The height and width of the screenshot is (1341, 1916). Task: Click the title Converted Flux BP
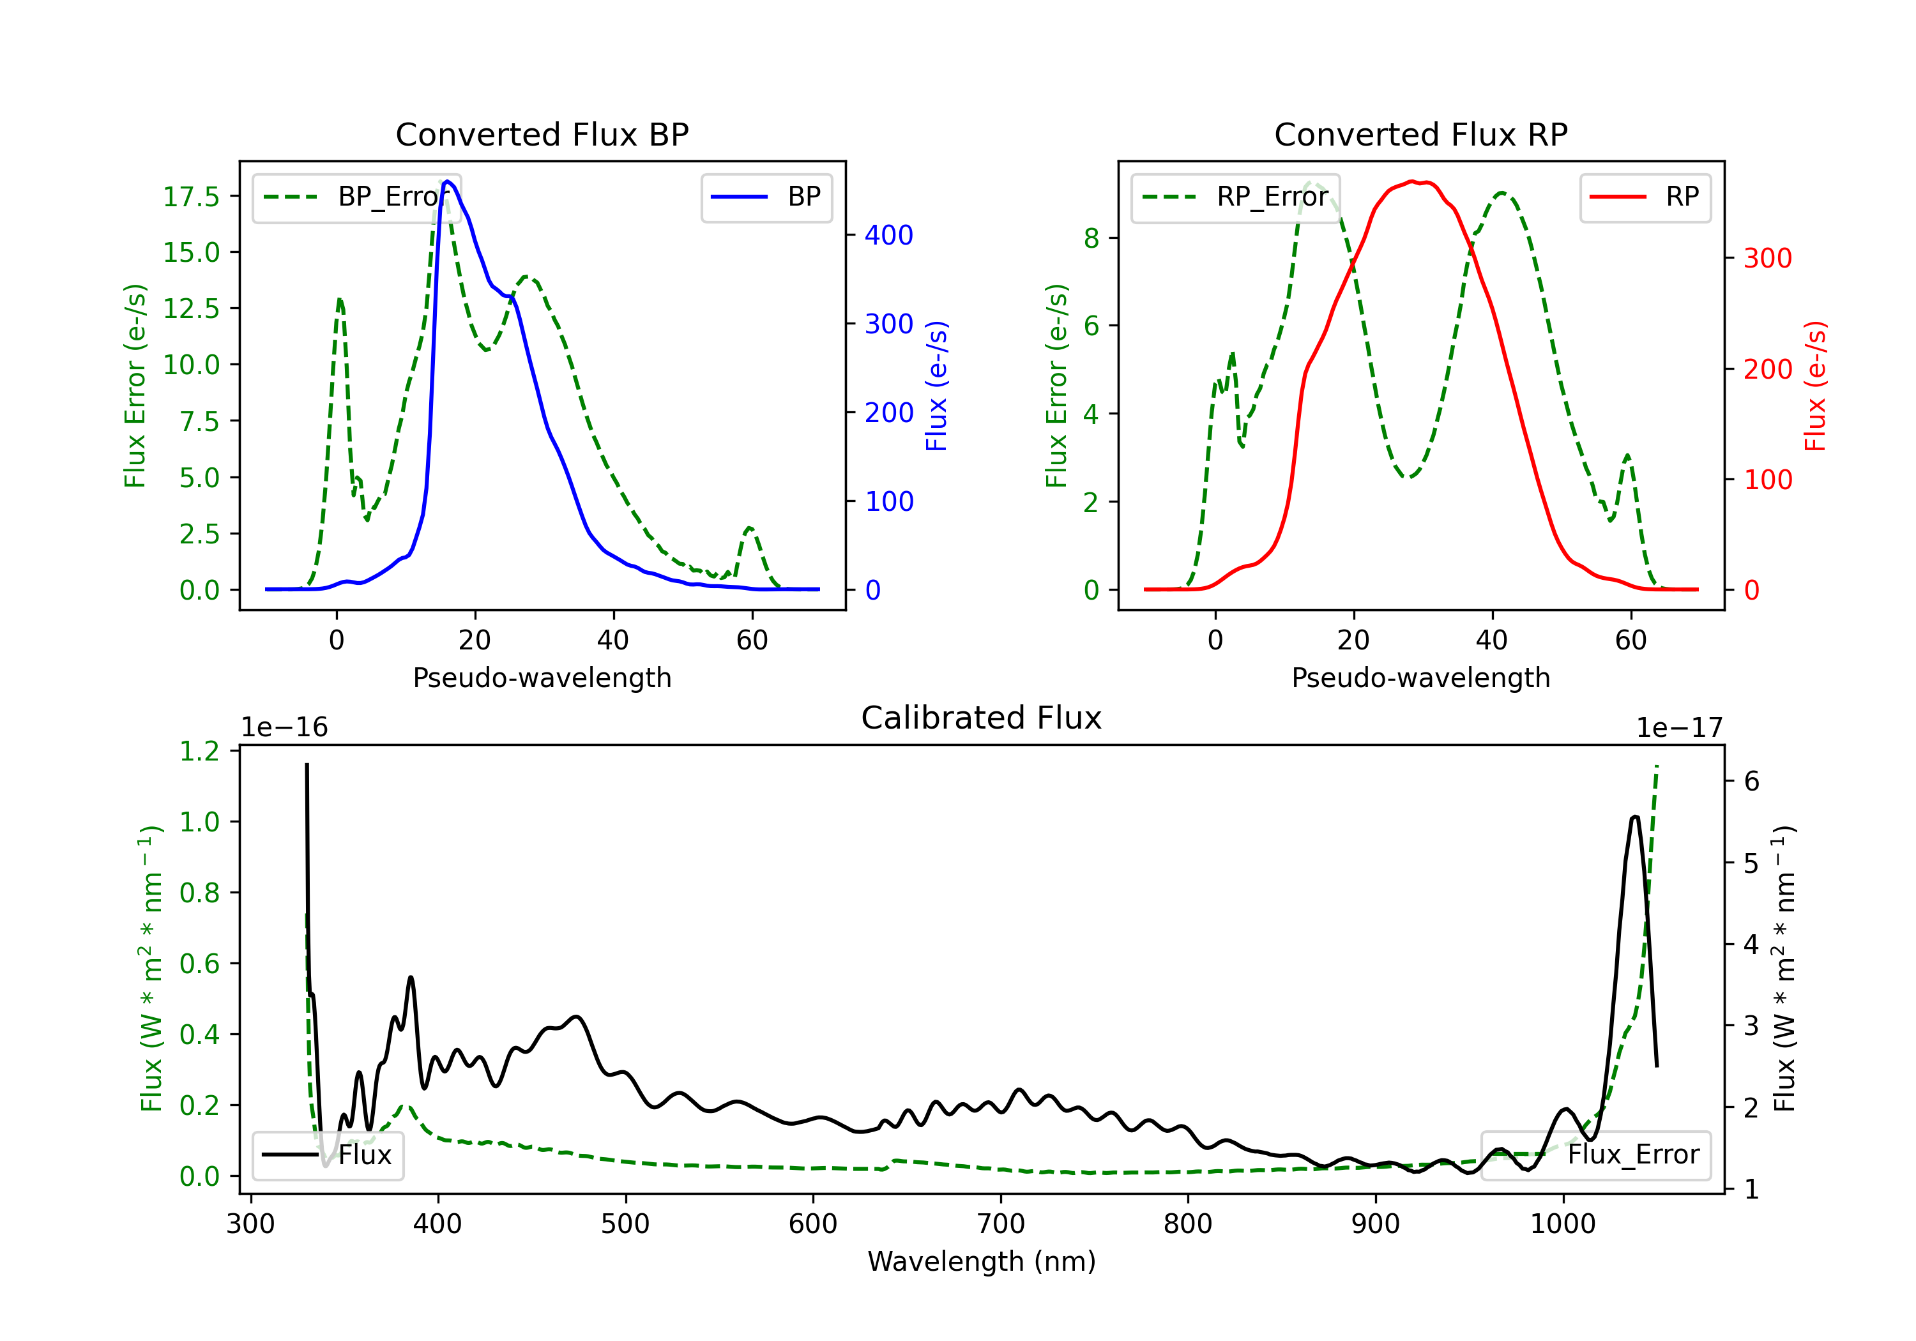tap(542, 134)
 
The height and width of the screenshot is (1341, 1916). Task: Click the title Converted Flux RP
tap(1420, 134)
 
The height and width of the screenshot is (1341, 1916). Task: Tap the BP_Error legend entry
tap(356, 197)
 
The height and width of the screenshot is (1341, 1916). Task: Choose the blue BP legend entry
tap(766, 197)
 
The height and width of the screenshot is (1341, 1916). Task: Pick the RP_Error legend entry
tap(1235, 197)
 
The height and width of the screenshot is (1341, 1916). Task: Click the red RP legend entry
tap(1645, 197)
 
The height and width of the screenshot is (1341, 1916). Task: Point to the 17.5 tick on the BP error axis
tap(191, 197)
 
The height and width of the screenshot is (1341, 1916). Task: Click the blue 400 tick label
tap(889, 236)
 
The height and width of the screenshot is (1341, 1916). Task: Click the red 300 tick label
tap(1767, 259)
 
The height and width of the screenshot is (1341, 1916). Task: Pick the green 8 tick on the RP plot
tap(1091, 239)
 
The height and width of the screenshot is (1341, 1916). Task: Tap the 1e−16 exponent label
tap(285, 728)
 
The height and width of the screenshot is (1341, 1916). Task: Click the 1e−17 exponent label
tap(1679, 728)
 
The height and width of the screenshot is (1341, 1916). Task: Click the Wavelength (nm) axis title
tap(982, 1262)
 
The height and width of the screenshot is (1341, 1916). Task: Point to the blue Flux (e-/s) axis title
tap(937, 386)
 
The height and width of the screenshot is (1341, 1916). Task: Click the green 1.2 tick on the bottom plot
tap(199, 751)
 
